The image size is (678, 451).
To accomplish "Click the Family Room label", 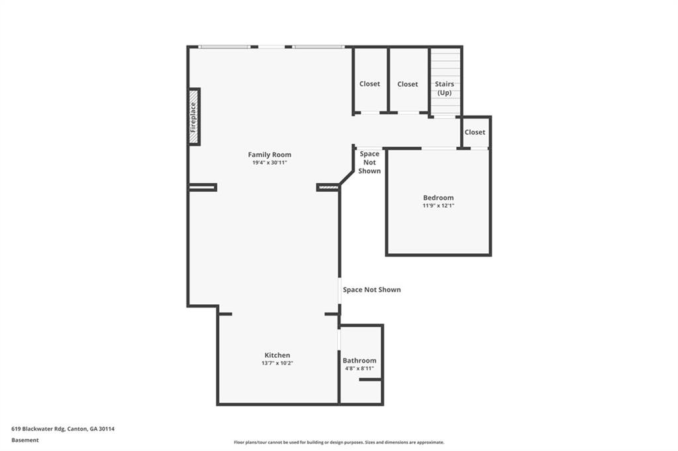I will (269, 155).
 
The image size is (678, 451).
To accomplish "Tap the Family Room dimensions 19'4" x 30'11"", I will (269, 163).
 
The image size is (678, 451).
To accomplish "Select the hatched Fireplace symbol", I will (194, 116).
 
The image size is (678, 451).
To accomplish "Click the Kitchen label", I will (277, 355).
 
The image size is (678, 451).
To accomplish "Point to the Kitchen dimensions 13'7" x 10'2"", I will (277, 363).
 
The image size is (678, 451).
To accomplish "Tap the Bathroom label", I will (360, 360).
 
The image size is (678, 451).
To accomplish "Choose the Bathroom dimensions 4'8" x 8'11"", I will (360, 368).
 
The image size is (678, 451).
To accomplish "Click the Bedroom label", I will (438, 198).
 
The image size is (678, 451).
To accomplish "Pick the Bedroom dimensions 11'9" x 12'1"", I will (438, 206).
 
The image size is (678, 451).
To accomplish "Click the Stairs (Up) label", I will (444, 89).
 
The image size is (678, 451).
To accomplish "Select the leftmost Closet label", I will (370, 84).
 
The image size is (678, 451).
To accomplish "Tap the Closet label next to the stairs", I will (408, 84).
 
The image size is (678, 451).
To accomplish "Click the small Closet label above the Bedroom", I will (475, 132).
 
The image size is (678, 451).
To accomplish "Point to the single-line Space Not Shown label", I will (371, 290).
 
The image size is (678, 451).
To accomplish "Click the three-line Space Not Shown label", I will (369, 162).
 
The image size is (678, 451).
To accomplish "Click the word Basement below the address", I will (25, 440).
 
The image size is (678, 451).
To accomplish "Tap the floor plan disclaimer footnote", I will (338, 442).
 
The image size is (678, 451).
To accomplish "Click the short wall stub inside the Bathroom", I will (371, 379).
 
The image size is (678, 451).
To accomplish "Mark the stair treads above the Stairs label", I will (446, 64).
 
